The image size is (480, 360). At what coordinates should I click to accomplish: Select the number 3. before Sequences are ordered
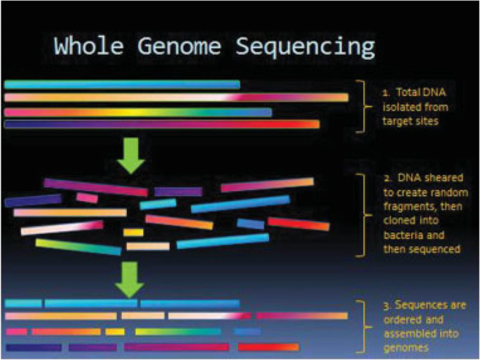coord(385,306)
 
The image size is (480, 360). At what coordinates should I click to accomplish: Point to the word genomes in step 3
coord(402,347)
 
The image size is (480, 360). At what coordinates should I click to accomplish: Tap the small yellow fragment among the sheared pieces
coord(133,232)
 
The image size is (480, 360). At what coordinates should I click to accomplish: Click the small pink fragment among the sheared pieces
coord(87,198)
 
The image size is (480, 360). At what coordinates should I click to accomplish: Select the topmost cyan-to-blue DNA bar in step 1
coord(122,84)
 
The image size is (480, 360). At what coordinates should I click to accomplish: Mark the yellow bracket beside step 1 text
coord(362,106)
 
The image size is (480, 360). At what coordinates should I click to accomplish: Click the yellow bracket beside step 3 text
coord(362,326)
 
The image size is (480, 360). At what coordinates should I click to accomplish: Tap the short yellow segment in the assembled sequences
coord(115,331)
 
